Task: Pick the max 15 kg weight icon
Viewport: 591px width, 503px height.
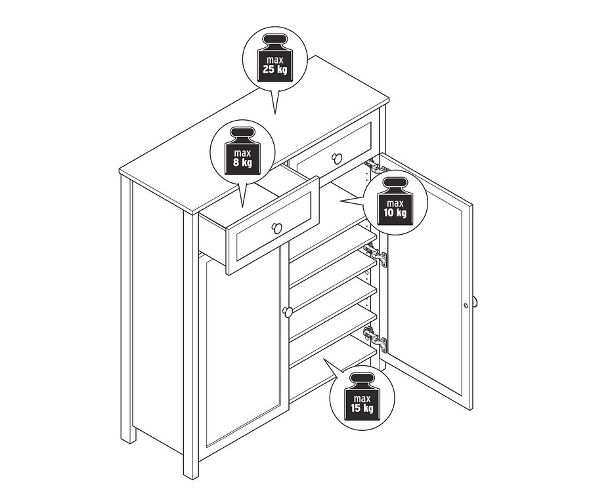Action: [x=362, y=397]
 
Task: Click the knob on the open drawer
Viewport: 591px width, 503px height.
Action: [x=276, y=228]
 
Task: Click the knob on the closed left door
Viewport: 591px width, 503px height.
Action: [x=287, y=312]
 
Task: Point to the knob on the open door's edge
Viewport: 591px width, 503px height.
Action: [x=475, y=302]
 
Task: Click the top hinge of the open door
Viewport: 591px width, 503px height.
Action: [x=374, y=166]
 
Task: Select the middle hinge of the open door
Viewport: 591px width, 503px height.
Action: [x=376, y=255]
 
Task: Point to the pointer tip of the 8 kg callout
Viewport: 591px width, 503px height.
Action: [x=242, y=207]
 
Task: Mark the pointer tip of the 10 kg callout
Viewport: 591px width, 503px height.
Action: [x=339, y=201]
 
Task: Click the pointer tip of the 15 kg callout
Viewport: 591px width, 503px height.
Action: [x=323, y=359]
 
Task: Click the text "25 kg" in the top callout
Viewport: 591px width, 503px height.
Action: [x=274, y=70]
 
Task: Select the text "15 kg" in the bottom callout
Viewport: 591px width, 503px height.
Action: [x=362, y=408]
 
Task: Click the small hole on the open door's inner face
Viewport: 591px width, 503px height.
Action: [x=466, y=306]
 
